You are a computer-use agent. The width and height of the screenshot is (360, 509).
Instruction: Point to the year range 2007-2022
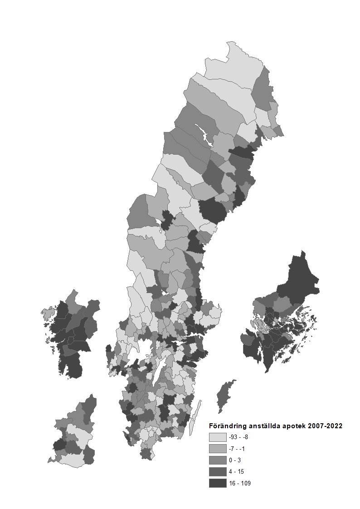326,426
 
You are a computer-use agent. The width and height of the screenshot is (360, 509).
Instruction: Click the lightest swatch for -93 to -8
218,437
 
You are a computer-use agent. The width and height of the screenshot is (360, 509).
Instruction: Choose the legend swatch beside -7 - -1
218,449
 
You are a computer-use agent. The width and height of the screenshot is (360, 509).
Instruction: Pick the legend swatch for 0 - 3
218,460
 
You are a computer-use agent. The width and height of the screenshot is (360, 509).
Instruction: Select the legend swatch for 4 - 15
218,472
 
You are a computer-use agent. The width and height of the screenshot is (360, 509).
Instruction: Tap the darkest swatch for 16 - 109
218,483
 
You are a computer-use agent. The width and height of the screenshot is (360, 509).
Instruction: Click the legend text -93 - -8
238,437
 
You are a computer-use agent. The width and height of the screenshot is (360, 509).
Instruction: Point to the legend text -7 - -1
238,449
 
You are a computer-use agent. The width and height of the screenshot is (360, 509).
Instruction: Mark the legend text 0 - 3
234,460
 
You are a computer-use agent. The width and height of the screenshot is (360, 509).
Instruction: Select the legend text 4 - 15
236,472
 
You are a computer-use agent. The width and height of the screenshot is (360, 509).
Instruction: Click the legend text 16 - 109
240,483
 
